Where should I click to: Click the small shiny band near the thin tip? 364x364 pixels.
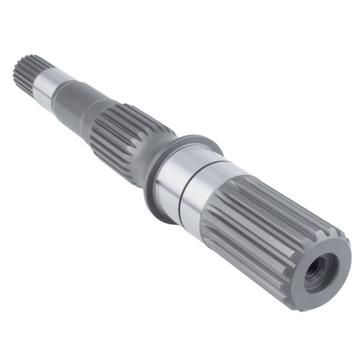46,83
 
